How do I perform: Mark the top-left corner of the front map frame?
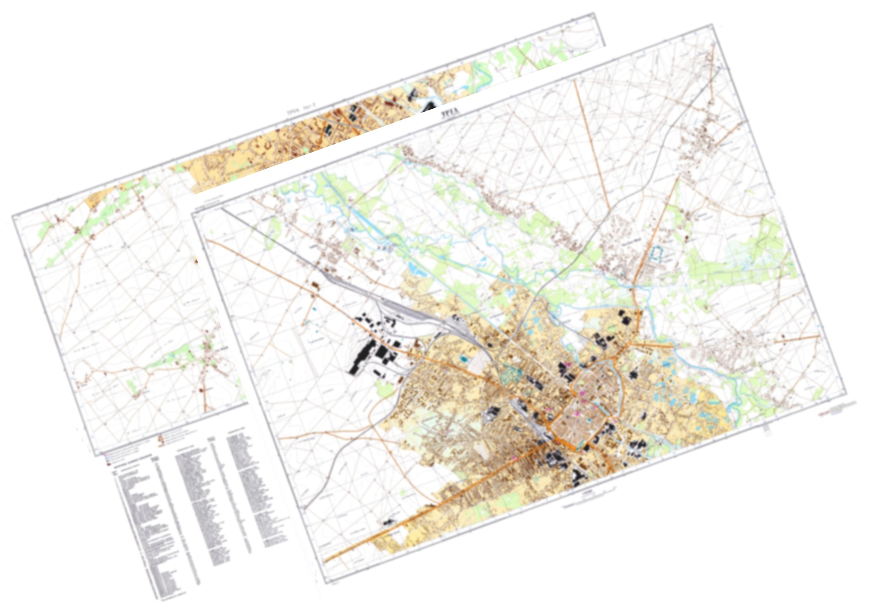click(192, 214)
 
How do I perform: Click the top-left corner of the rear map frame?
click(13, 216)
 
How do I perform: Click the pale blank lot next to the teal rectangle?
click(481, 359)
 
